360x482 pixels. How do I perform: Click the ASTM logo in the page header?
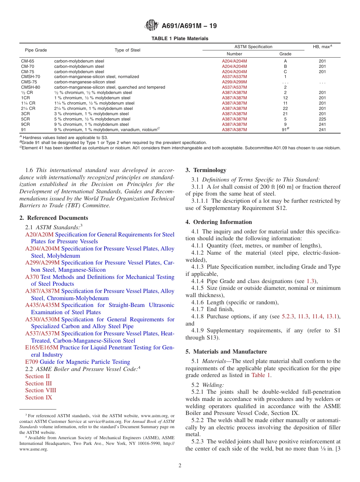tap(152, 26)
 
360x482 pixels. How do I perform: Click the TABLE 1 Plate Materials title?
tap(180, 39)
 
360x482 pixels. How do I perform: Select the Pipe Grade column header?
tap(36, 50)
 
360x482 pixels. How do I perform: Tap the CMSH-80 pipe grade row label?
tap(30, 87)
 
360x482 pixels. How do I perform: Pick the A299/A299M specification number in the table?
tap(234, 82)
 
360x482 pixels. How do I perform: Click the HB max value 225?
tap(322, 119)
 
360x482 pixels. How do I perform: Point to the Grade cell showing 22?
tap(285, 108)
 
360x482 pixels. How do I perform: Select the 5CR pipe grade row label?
tap(25, 119)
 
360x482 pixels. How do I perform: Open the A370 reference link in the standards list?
tap(32, 277)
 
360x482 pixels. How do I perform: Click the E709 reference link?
tap(32, 362)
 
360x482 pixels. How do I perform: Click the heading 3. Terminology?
tap(206, 170)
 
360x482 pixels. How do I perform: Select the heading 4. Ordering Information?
tap(219, 222)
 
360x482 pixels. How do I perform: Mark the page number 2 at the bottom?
tap(180, 466)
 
